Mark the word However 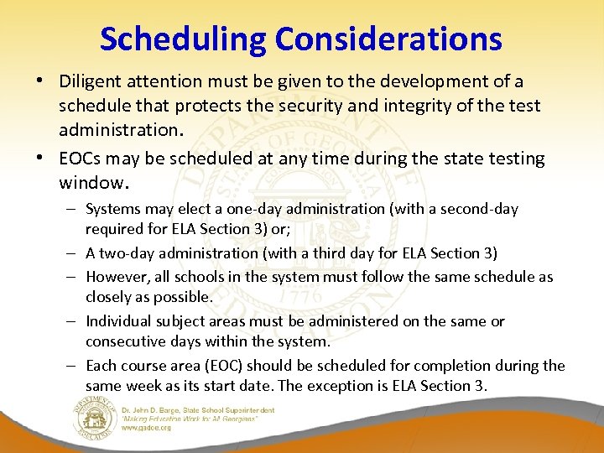coord(115,276)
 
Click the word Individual coord(120,321)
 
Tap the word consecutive coord(124,342)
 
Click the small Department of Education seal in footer coord(94,420)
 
